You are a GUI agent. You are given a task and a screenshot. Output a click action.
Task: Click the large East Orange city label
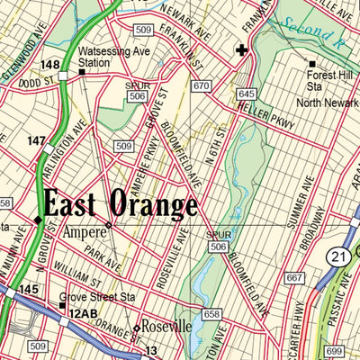(121, 205)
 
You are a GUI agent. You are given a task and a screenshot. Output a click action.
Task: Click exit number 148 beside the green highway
(50, 65)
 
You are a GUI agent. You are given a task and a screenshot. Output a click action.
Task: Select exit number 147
(36, 140)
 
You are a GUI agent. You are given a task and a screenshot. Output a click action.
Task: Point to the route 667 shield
(293, 278)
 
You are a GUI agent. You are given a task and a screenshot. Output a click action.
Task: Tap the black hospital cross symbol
(241, 50)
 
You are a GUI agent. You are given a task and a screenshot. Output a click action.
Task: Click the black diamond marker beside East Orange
(38, 219)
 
